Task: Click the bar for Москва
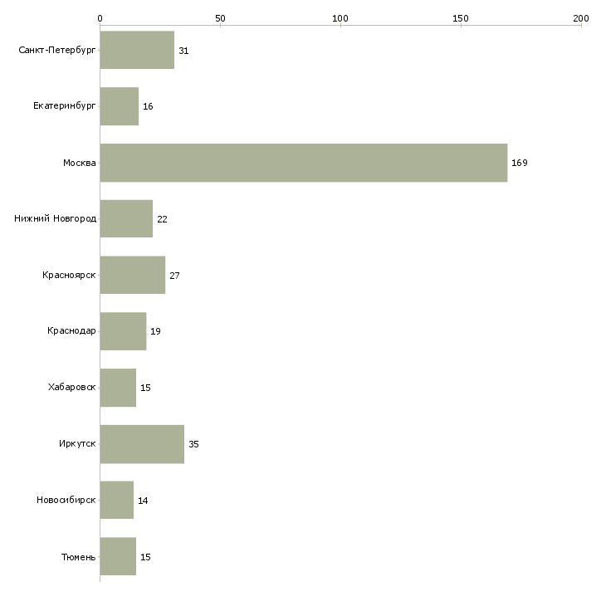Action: [x=303, y=163]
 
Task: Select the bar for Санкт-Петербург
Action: [x=137, y=50]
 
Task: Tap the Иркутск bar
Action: [x=142, y=444]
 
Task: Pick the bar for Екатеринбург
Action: [x=120, y=106]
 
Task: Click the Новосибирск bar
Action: [x=117, y=500]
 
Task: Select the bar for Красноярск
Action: [x=133, y=275]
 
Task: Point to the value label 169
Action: [x=520, y=163]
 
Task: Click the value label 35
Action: [x=193, y=444]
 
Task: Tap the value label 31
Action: [x=183, y=51]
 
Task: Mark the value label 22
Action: [x=162, y=219]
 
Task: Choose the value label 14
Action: [x=143, y=501]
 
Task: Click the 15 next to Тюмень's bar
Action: [x=145, y=557]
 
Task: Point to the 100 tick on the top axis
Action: [x=340, y=18]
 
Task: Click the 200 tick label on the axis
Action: [x=581, y=18]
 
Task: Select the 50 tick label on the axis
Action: [x=220, y=18]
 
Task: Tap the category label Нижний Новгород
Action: [x=56, y=219]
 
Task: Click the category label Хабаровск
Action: [x=72, y=387]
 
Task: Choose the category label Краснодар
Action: [x=71, y=331]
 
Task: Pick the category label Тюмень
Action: [x=79, y=557]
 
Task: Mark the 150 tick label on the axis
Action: [x=460, y=18]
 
